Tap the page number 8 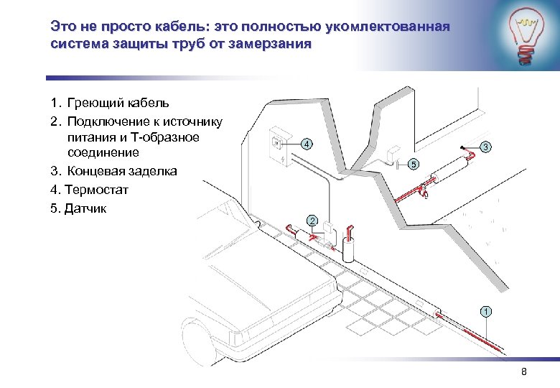(523, 371)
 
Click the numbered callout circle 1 (486, 312)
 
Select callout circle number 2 (312, 220)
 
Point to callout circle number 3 (486, 147)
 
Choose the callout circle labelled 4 (307, 144)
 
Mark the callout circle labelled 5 (413, 165)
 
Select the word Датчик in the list (85, 209)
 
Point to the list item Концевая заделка (122, 172)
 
